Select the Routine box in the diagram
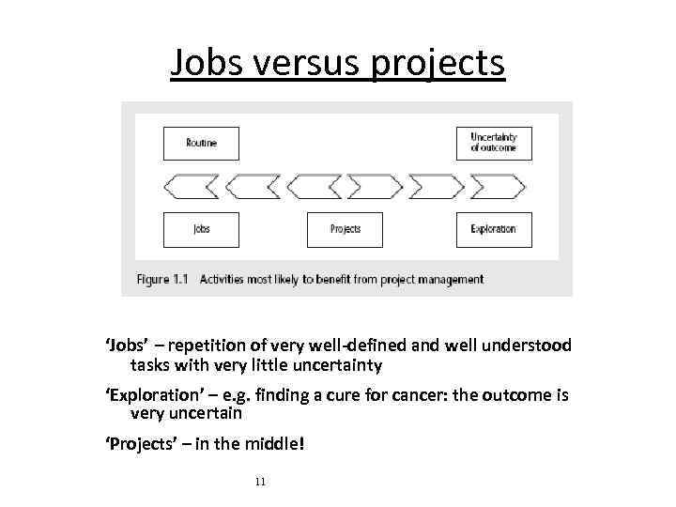click(201, 144)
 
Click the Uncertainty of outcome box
click(493, 143)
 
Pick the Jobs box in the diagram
click(201, 229)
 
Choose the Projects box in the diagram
click(345, 229)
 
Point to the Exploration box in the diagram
click(493, 229)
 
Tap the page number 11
click(260, 482)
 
